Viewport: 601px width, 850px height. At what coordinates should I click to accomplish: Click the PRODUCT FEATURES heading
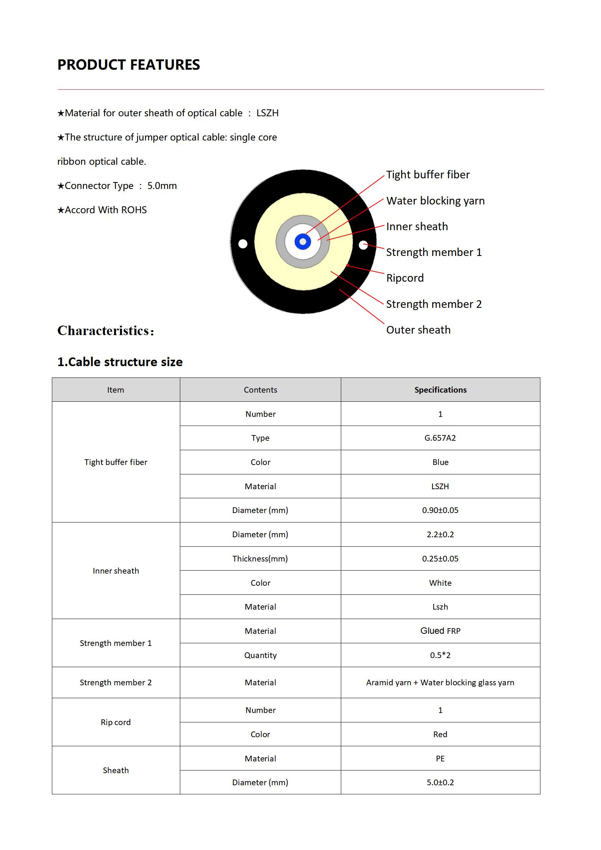tap(128, 65)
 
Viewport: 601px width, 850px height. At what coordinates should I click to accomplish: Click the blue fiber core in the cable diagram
tap(303, 242)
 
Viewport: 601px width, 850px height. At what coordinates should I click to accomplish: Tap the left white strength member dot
tap(243, 244)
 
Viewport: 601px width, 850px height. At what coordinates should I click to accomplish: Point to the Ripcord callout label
tap(405, 278)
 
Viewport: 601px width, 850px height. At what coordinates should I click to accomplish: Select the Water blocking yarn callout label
tap(435, 201)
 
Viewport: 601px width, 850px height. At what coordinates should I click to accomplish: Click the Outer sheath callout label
tap(418, 330)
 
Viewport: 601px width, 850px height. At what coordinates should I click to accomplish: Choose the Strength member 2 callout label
tap(434, 304)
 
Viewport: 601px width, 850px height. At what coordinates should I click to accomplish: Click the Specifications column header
tap(440, 390)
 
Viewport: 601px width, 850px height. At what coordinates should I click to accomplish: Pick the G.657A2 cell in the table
tap(440, 438)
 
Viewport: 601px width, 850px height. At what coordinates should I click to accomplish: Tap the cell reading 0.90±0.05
tap(440, 510)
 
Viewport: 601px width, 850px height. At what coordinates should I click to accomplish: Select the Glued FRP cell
tap(440, 631)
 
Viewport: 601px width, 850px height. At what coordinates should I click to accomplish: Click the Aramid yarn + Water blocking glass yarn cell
tap(440, 683)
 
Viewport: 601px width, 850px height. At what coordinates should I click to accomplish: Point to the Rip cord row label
tap(116, 722)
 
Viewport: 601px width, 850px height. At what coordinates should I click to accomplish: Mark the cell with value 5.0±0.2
tap(440, 783)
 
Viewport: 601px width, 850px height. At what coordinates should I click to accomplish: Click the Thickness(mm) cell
tap(260, 558)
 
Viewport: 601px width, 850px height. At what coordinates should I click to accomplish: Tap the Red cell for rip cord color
tap(440, 735)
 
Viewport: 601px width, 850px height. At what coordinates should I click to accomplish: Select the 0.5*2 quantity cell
tap(440, 655)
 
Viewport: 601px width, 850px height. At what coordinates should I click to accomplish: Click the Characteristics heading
tap(106, 331)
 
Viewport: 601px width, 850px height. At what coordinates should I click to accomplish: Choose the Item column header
tap(116, 390)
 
